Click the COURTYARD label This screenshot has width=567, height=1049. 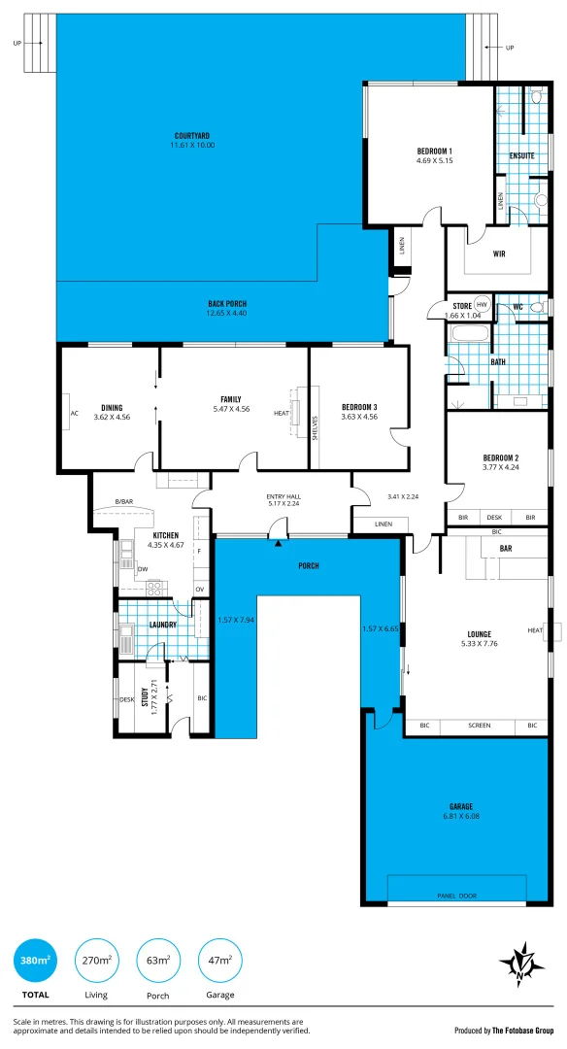(192, 135)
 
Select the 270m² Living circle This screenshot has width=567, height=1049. (95, 961)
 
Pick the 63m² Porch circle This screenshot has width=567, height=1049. (157, 961)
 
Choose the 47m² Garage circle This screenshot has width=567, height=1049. (219, 961)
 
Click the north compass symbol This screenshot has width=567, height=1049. (521, 964)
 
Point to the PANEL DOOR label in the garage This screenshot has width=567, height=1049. (456, 896)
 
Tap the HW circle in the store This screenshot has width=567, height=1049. (481, 304)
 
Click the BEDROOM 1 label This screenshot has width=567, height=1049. (434, 151)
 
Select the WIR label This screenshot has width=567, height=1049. (499, 254)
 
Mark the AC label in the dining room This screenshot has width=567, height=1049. (74, 412)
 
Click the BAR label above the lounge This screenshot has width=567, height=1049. (505, 549)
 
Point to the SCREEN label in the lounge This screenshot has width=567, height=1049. (479, 726)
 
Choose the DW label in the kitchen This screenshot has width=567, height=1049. (142, 569)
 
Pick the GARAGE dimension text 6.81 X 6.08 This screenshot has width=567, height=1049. (461, 816)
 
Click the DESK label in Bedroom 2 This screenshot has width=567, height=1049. (495, 518)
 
